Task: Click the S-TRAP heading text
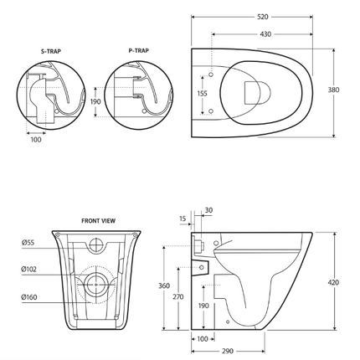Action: [51, 50]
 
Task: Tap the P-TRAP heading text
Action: [140, 50]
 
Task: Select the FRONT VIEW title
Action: [98, 220]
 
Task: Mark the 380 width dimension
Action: [333, 90]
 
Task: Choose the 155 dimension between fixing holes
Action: [202, 95]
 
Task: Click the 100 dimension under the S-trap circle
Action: [34, 140]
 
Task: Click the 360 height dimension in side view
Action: [164, 285]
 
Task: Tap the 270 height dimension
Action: [178, 296]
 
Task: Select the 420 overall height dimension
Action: [333, 283]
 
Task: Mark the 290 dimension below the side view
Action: [229, 352]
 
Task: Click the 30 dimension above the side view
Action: [208, 210]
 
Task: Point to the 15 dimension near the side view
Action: [183, 219]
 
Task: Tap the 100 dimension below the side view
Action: [203, 339]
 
